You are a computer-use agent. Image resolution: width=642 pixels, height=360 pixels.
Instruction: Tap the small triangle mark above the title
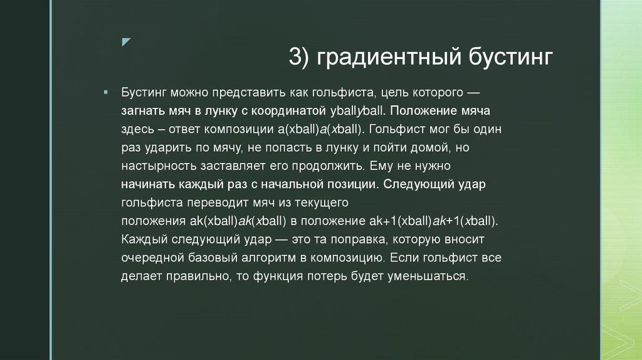tap(126, 42)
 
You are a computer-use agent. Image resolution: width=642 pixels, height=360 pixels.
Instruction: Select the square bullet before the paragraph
tap(107, 92)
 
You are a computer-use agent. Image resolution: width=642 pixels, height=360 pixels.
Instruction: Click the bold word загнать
tap(144, 111)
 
